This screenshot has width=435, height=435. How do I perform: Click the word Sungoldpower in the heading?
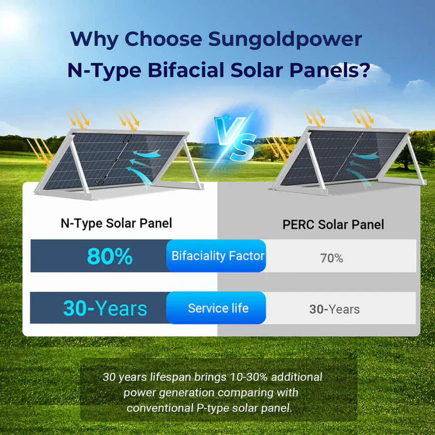click(x=285, y=40)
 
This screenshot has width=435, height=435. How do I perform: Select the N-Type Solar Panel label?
click(x=116, y=223)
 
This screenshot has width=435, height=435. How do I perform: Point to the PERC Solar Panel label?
click(x=333, y=224)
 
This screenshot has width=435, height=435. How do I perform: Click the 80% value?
click(x=110, y=256)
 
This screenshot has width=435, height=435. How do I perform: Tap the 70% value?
click(x=332, y=258)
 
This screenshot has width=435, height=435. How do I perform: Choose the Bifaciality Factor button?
click(x=217, y=256)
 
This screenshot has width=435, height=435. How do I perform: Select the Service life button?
click(x=218, y=308)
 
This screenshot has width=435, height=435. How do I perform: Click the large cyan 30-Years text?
click(x=105, y=308)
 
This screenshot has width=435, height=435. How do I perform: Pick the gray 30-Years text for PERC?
click(x=334, y=309)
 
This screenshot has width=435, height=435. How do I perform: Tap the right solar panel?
click(x=348, y=157)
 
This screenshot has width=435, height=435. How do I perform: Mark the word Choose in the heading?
click(x=166, y=40)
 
